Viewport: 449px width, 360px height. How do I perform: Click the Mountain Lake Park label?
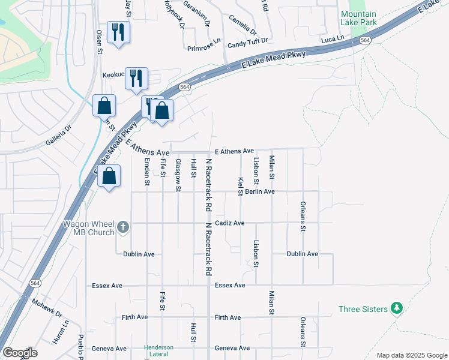358,19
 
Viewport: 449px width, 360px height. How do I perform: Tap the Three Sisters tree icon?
396,308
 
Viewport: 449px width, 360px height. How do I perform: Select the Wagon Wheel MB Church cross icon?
123,226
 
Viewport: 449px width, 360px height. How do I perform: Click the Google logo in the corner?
19,353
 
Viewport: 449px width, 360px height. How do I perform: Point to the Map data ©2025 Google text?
412,355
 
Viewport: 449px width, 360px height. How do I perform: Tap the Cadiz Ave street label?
229,223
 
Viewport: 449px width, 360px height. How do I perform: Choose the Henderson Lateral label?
158,351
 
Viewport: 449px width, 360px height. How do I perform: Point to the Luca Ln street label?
333,38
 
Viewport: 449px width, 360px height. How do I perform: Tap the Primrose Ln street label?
204,47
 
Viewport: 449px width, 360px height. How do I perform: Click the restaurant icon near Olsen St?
118,32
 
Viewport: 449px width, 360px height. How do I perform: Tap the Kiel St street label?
241,186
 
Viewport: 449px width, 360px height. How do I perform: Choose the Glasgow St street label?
178,175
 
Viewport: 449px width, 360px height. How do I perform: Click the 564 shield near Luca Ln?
365,40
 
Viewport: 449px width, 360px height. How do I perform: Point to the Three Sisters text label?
361,309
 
